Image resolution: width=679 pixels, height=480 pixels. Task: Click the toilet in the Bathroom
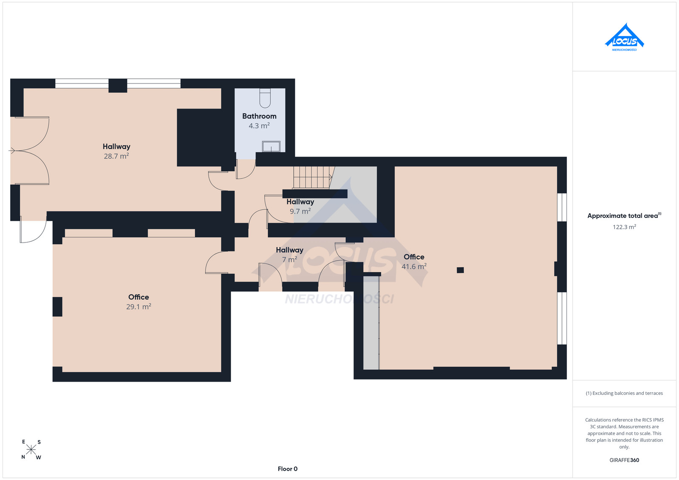(265, 98)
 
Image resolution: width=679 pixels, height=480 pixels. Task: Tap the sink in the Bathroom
(271, 146)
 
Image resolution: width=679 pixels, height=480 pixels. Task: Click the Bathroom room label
(259, 116)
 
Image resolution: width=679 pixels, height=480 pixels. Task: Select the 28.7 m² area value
(116, 156)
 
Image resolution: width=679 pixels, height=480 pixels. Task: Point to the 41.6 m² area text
(414, 266)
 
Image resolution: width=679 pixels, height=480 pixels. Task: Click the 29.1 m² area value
(139, 307)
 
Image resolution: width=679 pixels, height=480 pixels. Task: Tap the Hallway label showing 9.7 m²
(300, 202)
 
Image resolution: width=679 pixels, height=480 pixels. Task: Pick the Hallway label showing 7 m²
(289, 250)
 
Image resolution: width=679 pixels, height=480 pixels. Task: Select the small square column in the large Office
(460, 270)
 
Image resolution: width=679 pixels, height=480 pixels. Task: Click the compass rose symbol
(31, 450)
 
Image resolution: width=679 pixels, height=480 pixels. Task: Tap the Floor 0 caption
(288, 469)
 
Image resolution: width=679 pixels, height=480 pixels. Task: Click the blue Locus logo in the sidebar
(624, 37)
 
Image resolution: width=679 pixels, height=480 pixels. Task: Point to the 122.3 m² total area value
(624, 227)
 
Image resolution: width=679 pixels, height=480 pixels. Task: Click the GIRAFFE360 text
(624, 460)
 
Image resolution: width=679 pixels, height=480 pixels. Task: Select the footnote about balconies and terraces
(624, 393)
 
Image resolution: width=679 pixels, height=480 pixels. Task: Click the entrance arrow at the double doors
(12, 150)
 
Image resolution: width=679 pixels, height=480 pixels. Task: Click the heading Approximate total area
(623, 216)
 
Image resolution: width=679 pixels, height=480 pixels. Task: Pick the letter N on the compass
(23, 457)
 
